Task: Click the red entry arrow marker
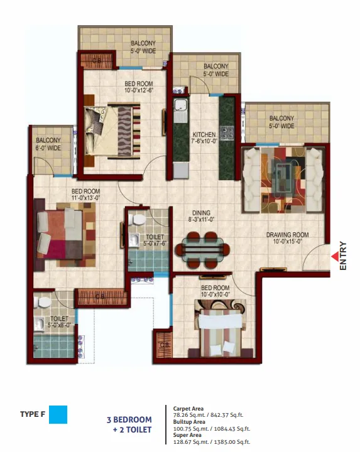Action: tap(335, 256)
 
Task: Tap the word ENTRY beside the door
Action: tap(343, 256)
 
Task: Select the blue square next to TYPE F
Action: tap(58, 414)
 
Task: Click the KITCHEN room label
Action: tap(204, 134)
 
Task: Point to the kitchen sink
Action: tap(180, 110)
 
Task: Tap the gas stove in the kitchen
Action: tap(227, 134)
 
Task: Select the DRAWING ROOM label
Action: tap(287, 235)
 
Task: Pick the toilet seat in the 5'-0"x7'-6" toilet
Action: tap(137, 220)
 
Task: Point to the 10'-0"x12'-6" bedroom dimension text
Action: tap(139, 90)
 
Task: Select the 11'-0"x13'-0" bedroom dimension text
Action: tap(85, 198)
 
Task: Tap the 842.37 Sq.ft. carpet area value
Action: tap(227, 415)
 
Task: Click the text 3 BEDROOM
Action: tap(129, 420)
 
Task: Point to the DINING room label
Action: tap(201, 213)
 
